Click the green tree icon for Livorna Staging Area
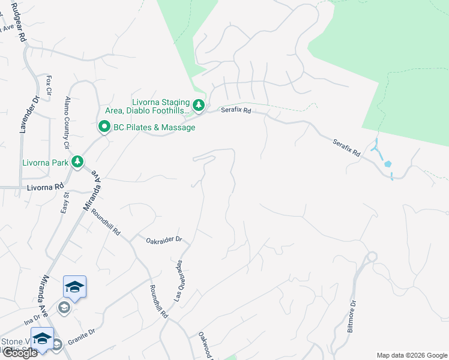(x=199, y=106)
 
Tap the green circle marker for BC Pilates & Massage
(x=104, y=127)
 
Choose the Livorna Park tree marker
(x=77, y=161)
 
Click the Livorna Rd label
(x=45, y=188)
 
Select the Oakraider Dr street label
(x=164, y=240)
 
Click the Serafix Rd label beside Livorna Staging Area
(x=235, y=110)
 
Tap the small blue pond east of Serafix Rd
(x=388, y=163)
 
